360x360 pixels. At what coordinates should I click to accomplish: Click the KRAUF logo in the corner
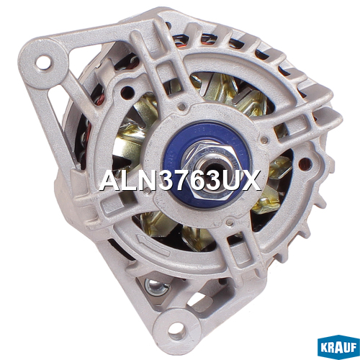pos(338,347)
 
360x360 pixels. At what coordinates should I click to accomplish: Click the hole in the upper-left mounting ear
pos(43,63)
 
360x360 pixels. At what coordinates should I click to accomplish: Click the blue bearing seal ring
pos(207,164)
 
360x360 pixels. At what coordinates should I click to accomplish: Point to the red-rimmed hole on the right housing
pos(305,164)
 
